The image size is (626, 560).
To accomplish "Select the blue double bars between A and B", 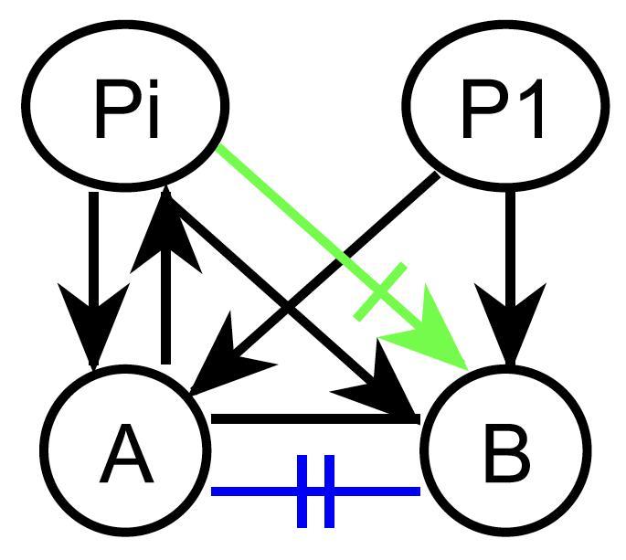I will (x=316, y=491).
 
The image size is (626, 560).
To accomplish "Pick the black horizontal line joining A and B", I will (x=315, y=419).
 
